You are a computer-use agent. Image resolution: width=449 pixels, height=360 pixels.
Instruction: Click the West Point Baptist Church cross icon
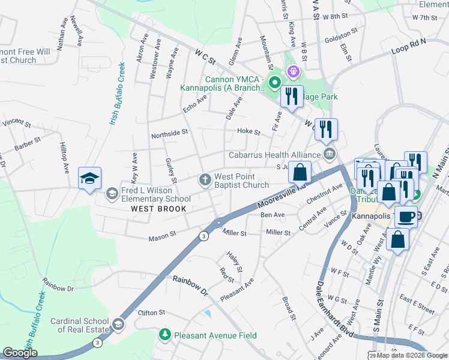205,179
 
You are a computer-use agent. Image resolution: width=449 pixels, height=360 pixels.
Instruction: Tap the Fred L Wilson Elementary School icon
112,194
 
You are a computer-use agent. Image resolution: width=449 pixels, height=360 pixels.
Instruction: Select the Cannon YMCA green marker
274,82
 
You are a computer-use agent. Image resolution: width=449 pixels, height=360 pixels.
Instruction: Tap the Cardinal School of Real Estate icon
118,325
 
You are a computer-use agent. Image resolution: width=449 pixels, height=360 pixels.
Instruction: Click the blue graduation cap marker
90,178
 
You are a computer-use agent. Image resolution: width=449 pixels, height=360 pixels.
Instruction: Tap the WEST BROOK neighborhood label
158,208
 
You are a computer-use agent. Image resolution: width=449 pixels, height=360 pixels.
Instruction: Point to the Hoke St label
249,131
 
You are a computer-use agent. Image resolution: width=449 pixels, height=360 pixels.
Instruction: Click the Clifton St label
151,313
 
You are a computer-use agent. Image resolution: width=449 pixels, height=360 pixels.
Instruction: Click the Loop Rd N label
408,47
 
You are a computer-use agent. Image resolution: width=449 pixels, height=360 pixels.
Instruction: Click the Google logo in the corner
20,353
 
